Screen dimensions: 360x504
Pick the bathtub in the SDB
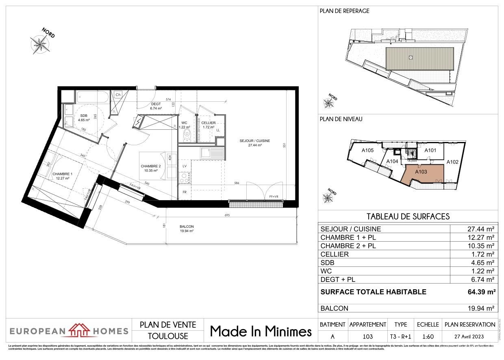pyautogui.click(x=92, y=97)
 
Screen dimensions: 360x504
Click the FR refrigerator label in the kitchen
pyautogui.click(x=184, y=192)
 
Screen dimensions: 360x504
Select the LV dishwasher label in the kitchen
pyautogui.click(x=184, y=166)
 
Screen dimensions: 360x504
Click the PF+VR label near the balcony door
pyautogui.click(x=273, y=197)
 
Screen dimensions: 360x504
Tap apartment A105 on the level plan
pyautogui.click(x=367, y=150)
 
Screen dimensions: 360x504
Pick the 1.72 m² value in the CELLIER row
pyautogui.click(x=484, y=254)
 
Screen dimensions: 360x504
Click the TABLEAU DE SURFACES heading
pyautogui.click(x=408, y=216)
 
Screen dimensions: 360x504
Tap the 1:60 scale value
pyautogui.click(x=427, y=336)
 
